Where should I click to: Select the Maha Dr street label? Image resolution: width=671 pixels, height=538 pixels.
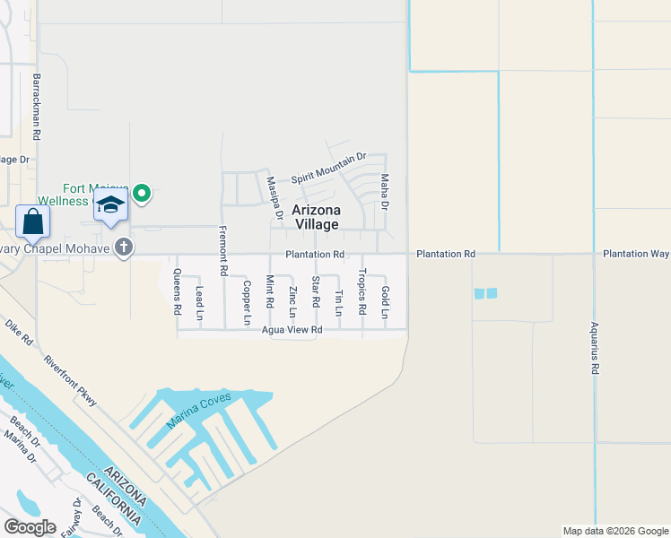(x=385, y=192)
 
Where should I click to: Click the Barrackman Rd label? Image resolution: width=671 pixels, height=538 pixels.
(x=37, y=106)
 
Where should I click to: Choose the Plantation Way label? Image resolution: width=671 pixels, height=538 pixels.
(x=636, y=254)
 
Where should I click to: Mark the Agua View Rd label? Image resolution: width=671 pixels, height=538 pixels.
(x=292, y=330)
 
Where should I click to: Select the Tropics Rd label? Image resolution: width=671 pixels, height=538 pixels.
(x=362, y=291)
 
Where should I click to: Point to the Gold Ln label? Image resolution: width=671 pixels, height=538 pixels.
(x=385, y=302)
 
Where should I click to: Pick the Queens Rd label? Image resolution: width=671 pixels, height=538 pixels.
(x=178, y=291)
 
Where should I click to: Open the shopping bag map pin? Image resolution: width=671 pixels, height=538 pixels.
(x=32, y=221)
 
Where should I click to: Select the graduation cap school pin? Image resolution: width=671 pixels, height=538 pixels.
(x=110, y=205)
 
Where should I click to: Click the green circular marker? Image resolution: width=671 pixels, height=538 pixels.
(x=141, y=192)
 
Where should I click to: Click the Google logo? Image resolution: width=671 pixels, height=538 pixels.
(x=30, y=527)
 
